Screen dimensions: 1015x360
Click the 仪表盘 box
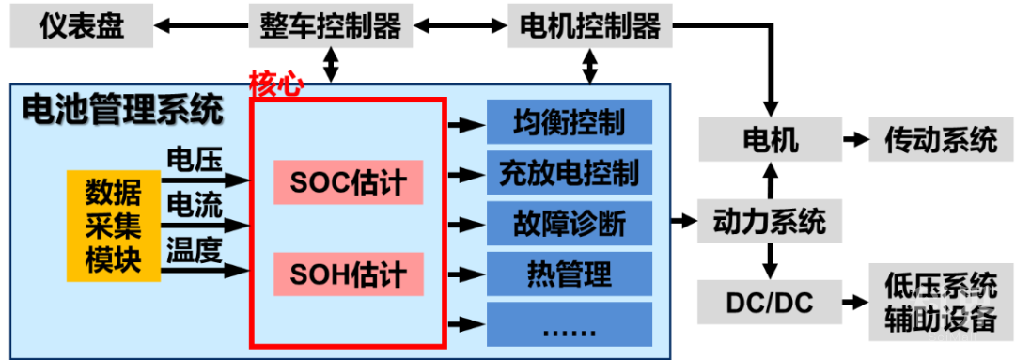click(82, 27)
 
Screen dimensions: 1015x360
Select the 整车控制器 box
click(331, 27)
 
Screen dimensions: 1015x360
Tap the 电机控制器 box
click(589, 27)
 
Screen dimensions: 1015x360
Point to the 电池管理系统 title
click(122, 110)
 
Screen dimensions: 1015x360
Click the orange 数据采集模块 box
click(114, 226)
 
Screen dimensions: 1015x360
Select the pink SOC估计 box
click(349, 182)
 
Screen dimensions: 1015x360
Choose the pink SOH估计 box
click(349, 274)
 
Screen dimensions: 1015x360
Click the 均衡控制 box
click(569, 122)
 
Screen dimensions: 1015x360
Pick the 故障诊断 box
click(569, 224)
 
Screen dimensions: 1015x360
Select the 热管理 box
click(569, 274)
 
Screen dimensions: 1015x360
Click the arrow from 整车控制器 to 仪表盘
click(201, 27)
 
